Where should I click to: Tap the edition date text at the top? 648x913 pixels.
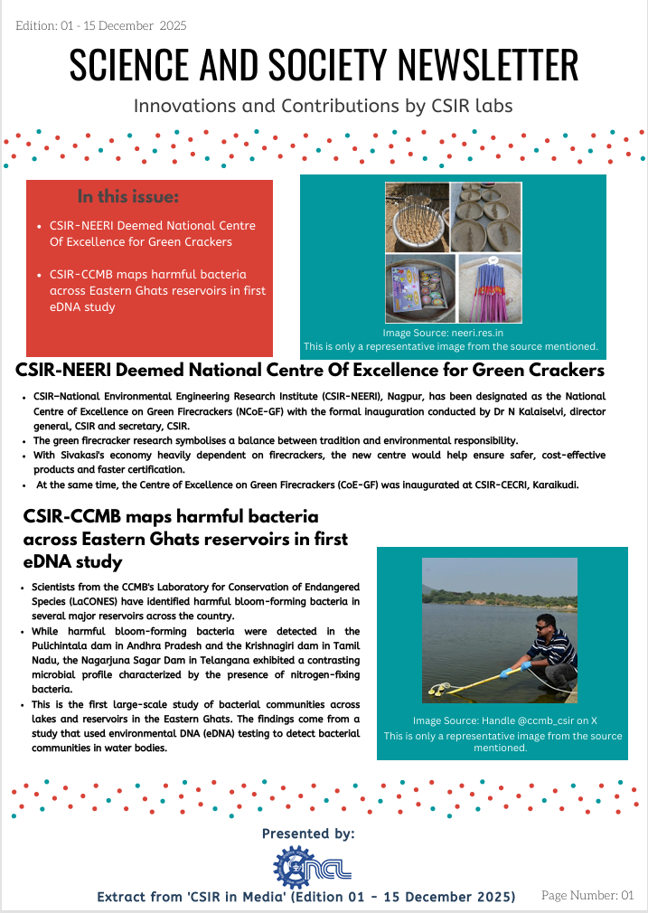[101, 25]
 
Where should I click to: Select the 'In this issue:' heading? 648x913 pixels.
[128, 196]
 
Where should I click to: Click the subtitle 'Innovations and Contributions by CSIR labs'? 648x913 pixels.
[324, 106]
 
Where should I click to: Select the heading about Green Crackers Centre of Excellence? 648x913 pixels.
[310, 371]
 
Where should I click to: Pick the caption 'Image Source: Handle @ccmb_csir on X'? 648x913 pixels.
[502, 720]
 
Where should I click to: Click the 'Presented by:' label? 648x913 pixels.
[308, 833]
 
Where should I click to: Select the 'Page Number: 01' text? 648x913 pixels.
[587, 895]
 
